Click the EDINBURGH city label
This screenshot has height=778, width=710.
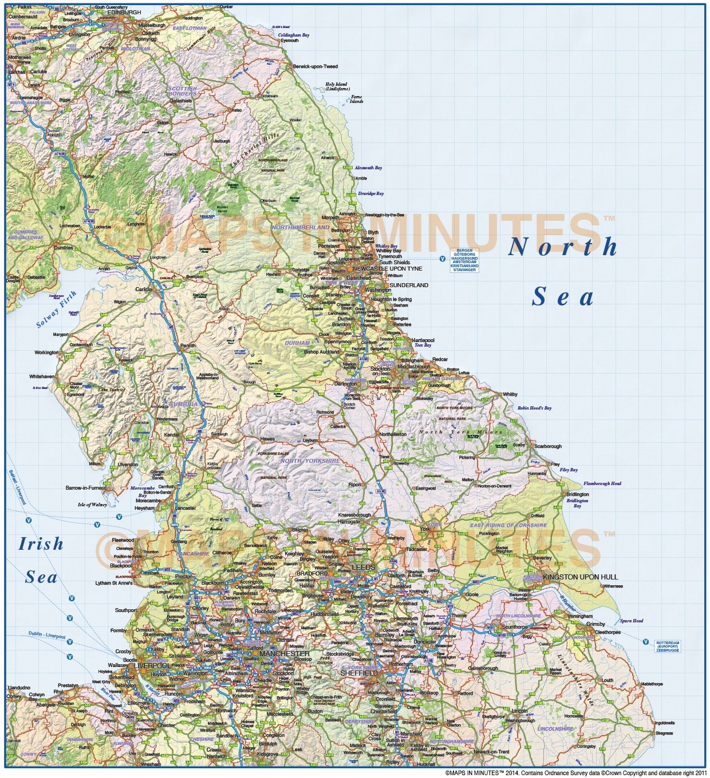pyautogui.click(x=124, y=12)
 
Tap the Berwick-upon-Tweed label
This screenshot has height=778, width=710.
pyautogui.click(x=315, y=66)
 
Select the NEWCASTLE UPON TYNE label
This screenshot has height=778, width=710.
pyautogui.click(x=388, y=268)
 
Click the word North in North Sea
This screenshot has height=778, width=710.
pyautogui.click(x=562, y=247)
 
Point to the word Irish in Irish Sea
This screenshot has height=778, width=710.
pyautogui.click(x=41, y=543)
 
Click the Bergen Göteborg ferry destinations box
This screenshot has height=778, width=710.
pyautogui.click(x=464, y=260)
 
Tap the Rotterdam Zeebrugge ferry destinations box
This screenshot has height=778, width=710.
pyautogui.click(x=668, y=646)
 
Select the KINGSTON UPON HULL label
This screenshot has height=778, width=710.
pyautogui.click(x=580, y=577)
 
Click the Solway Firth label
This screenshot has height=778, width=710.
pyautogui.click(x=56, y=309)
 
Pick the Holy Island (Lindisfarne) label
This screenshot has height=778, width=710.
pyautogui.click(x=337, y=86)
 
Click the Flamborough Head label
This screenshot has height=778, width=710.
pyautogui.click(x=602, y=483)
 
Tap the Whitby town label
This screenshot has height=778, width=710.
pyautogui.click(x=510, y=394)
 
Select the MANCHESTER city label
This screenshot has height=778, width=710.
pyautogui.click(x=285, y=653)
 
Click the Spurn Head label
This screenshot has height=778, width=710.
pyautogui.click(x=632, y=621)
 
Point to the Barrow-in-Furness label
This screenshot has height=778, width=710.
pyautogui.click(x=86, y=488)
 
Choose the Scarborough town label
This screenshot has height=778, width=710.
pyautogui.click(x=547, y=446)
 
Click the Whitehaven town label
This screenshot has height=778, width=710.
pyautogui.click(x=42, y=376)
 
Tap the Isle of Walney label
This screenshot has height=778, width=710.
pyautogui.click(x=92, y=505)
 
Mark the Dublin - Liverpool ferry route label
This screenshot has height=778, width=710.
pyautogui.click(x=47, y=635)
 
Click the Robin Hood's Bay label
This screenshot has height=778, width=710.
pyautogui.click(x=534, y=408)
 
